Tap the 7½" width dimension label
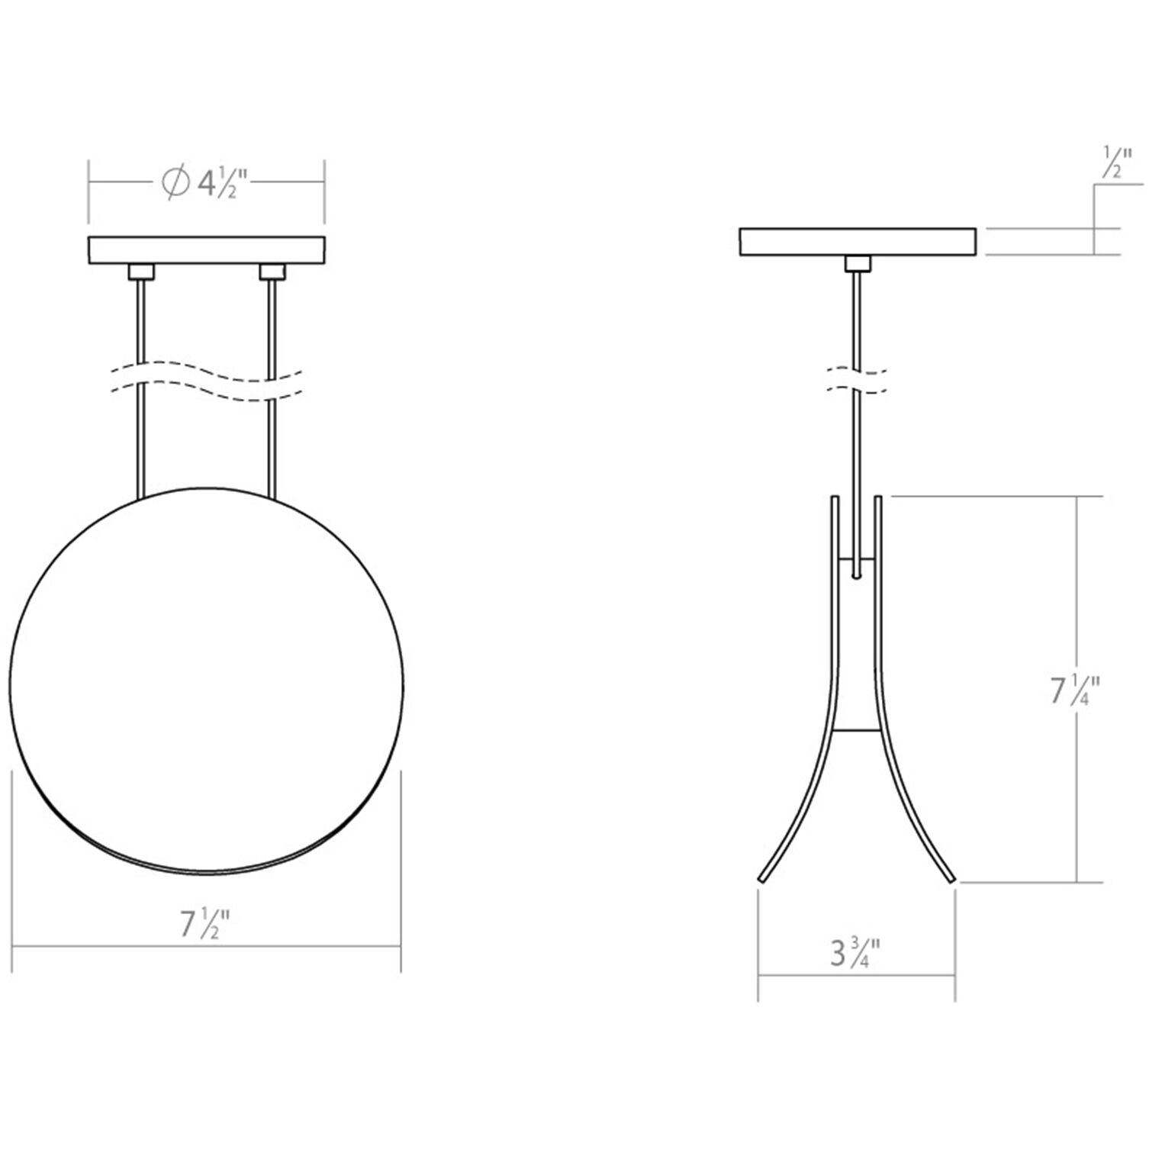[x=204, y=925]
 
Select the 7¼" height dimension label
[x=1074, y=690]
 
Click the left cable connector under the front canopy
[x=141, y=272]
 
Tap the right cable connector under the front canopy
[x=272, y=272]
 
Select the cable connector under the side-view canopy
[x=858, y=264]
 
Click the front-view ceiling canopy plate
[x=207, y=249]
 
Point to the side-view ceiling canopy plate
[x=858, y=241]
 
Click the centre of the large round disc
[x=207, y=679]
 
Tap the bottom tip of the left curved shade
[x=761, y=879]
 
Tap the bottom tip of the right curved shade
[x=951, y=879]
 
